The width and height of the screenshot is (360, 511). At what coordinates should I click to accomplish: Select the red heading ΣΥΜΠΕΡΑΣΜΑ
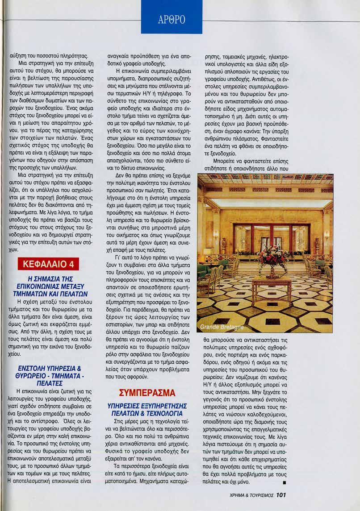tap(141, 392)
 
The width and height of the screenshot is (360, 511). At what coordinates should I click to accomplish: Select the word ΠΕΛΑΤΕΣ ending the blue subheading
tap(49, 383)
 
